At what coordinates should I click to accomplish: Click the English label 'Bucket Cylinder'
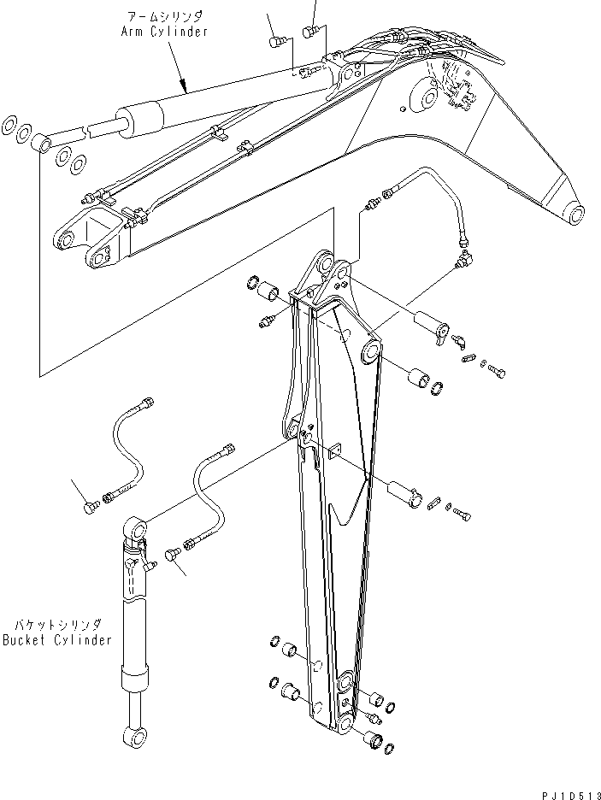pos(56,640)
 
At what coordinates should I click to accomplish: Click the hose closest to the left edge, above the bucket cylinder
pos(127,444)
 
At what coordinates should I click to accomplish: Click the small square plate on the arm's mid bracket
pos(335,450)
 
